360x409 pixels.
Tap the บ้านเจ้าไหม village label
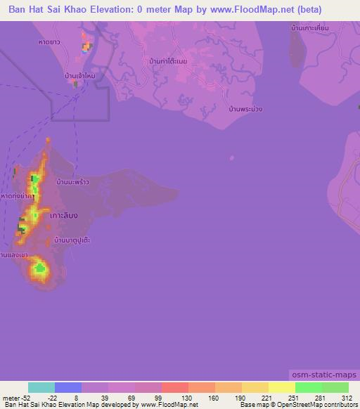(x=79, y=74)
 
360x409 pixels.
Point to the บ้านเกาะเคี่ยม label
(x=309, y=30)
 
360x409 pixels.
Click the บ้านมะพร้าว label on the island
(x=73, y=182)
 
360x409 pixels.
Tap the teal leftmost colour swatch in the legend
(x=41, y=387)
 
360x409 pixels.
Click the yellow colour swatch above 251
(x=282, y=387)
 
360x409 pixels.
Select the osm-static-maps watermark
(x=323, y=375)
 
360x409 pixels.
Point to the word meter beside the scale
(x=11, y=397)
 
